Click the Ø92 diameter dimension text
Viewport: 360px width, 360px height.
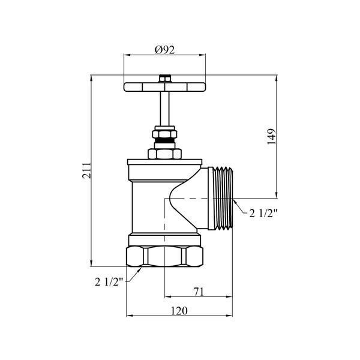coord(164,50)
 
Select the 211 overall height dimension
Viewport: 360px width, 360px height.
coord(87,170)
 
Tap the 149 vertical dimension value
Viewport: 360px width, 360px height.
coord(271,136)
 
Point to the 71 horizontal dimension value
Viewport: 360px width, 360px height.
coord(199,292)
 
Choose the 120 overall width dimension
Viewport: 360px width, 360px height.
coord(179,311)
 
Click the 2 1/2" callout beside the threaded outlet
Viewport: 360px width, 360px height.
coord(263,214)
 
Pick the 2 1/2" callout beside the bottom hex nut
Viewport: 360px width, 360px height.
coord(109,282)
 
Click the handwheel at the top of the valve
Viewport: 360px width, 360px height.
coord(164,87)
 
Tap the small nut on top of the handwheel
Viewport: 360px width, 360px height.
coord(165,79)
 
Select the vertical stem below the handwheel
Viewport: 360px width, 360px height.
coord(164,109)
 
